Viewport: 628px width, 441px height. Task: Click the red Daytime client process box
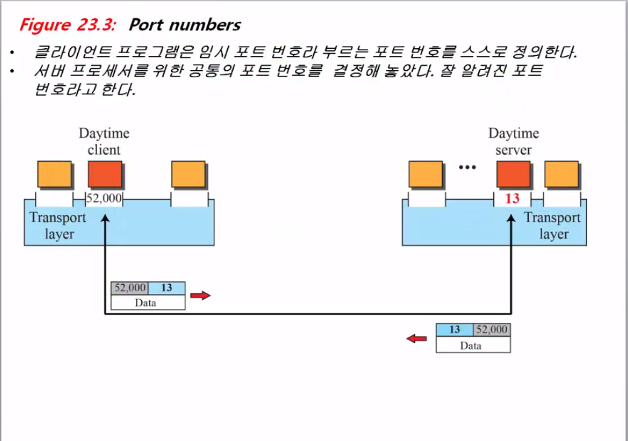point(105,174)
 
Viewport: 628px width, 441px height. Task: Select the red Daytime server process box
point(514,174)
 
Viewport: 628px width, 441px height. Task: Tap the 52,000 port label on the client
point(105,198)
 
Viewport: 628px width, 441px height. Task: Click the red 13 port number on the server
point(512,198)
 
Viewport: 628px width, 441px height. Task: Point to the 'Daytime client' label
point(104,141)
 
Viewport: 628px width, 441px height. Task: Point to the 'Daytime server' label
point(513,141)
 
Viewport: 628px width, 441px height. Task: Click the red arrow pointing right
point(200,296)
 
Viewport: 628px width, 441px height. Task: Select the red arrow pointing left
point(416,338)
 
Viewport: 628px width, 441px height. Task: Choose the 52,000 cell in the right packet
point(492,329)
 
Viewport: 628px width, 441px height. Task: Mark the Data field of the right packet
point(472,346)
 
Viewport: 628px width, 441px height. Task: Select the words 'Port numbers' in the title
point(185,25)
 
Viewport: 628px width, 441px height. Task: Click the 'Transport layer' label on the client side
point(59,226)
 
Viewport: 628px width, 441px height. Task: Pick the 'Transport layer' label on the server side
point(552,226)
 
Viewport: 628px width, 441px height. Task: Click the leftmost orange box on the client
point(55,174)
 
